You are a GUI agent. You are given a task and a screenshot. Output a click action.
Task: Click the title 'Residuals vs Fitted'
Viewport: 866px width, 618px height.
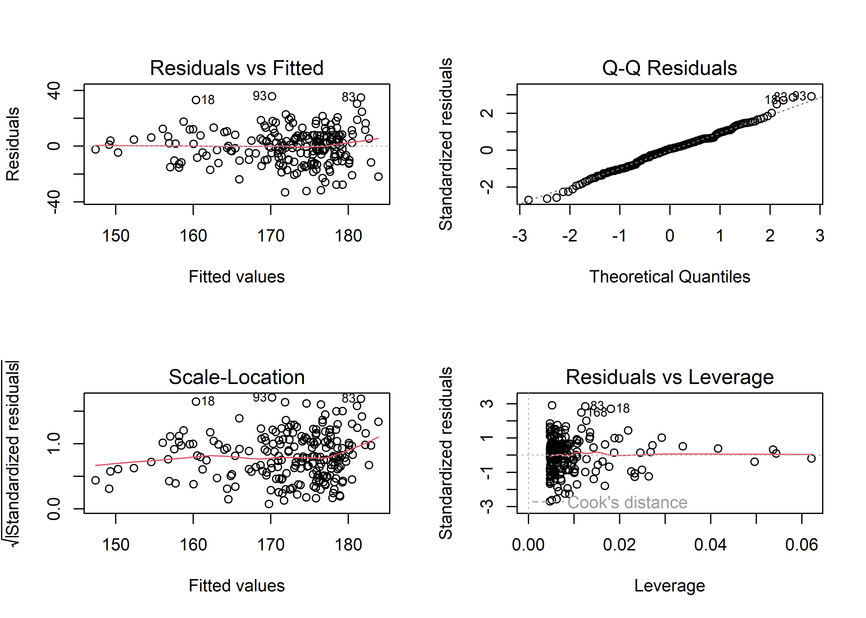[x=237, y=69]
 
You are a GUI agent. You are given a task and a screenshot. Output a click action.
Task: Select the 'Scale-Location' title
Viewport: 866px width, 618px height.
[x=237, y=378]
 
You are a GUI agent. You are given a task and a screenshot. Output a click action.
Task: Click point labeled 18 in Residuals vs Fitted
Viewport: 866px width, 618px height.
[x=196, y=100]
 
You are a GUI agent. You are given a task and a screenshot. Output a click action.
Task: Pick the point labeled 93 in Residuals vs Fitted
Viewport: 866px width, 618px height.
[x=272, y=96]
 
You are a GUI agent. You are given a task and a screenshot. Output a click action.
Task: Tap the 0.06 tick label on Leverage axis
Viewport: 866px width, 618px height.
[x=801, y=545]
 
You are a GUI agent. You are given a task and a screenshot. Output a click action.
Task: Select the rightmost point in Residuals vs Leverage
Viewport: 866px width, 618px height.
[x=811, y=458]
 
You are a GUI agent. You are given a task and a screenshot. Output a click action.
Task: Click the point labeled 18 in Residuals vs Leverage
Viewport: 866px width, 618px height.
[x=611, y=409]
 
